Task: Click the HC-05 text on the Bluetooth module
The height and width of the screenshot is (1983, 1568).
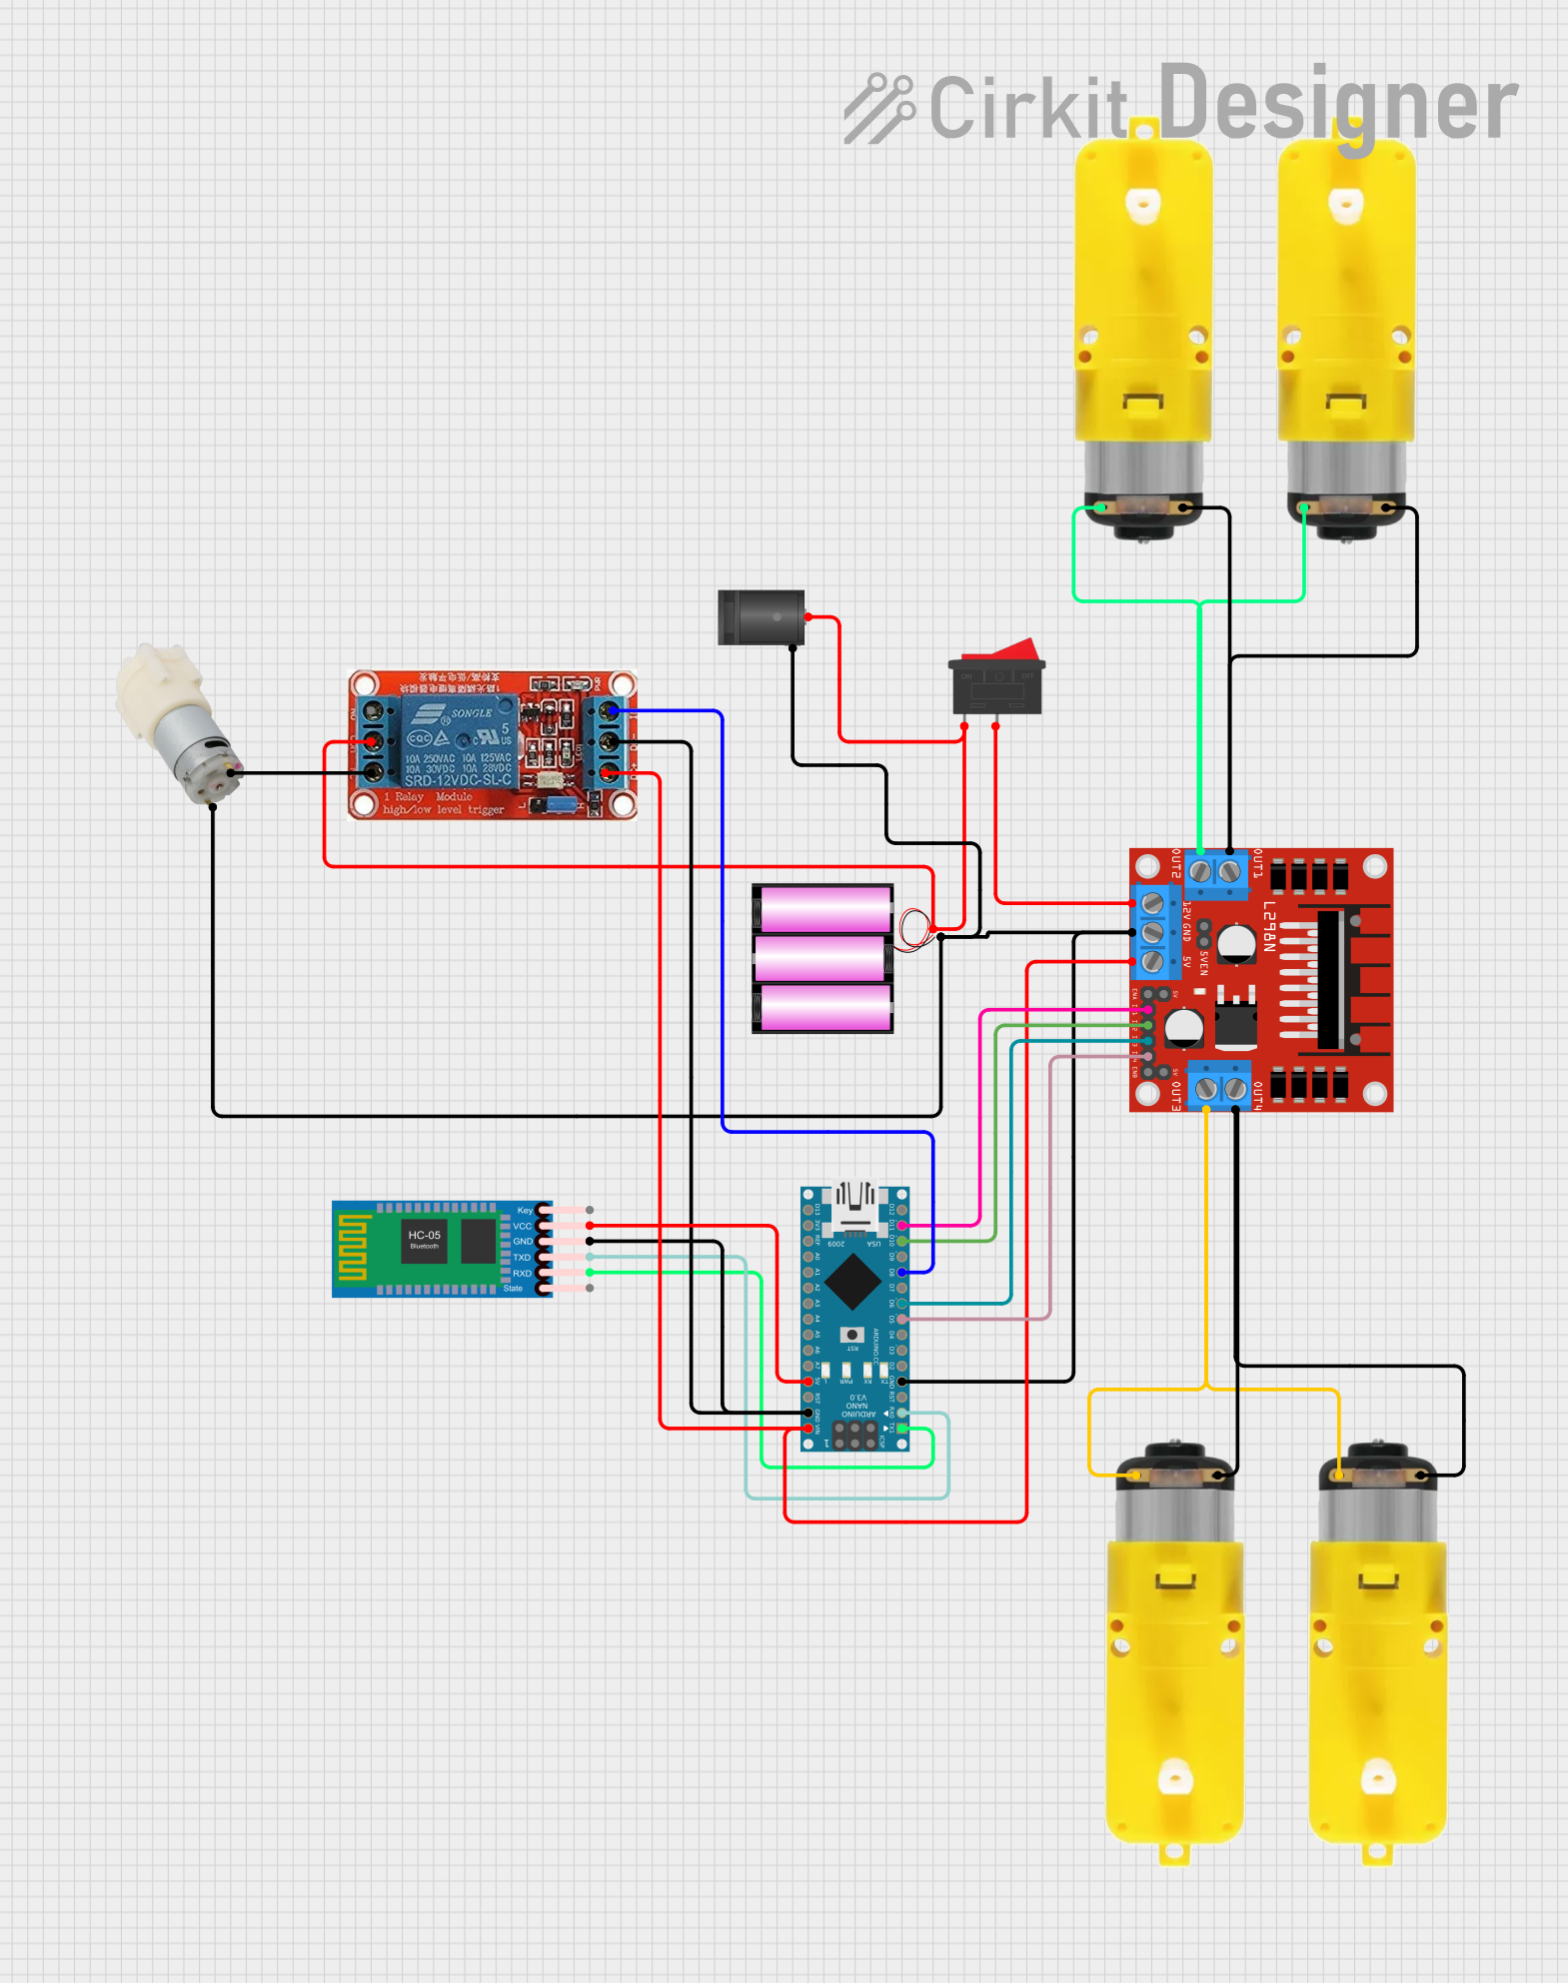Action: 424,1235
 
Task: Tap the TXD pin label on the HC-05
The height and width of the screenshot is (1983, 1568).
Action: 522,1258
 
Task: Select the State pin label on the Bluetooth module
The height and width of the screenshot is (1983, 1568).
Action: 513,1289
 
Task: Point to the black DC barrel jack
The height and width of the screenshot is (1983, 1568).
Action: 761,617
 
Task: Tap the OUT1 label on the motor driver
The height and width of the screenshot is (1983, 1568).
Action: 1258,864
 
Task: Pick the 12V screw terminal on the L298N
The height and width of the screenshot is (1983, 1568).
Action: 1152,904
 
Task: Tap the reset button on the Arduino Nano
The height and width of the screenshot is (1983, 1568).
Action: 851,1335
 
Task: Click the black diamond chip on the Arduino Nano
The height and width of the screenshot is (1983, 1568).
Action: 852,1282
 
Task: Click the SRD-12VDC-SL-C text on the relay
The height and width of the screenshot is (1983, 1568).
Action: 458,780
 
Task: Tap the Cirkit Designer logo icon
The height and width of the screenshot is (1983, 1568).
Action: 878,108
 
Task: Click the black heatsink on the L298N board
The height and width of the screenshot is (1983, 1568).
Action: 1330,980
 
